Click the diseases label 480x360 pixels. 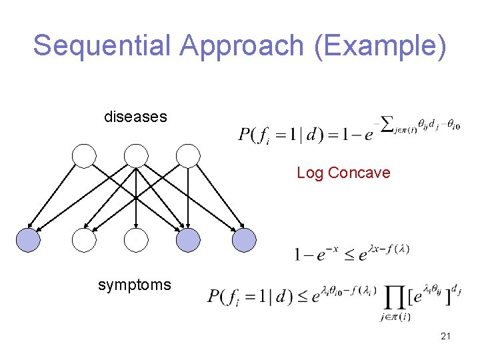[x=135, y=117]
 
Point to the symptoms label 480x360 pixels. [x=134, y=285]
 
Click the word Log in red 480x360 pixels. [x=310, y=173]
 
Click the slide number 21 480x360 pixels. [x=445, y=337]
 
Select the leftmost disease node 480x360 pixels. [x=84, y=156]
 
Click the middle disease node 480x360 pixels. [x=136, y=156]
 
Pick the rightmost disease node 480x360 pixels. [x=189, y=156]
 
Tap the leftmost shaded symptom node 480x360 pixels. [x=29, y=240]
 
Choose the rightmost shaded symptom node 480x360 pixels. [x=243, y=240]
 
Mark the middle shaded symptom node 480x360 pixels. [x=189, y=240]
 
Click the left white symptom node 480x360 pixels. [x=84, y=240]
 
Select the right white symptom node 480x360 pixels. [x=136, y=240]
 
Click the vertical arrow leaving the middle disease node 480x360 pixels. [x=136, y=197]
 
